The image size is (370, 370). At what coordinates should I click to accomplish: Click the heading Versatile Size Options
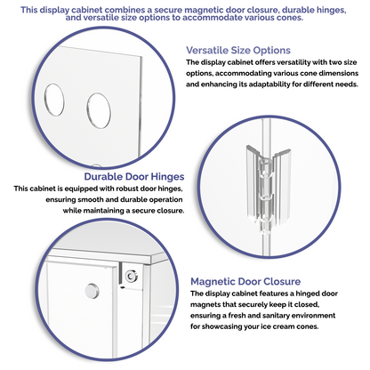tap(238, 51)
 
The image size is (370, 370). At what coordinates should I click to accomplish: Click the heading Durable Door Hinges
tap(134, 177)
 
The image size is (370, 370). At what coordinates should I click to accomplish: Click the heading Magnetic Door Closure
tap(245, 281)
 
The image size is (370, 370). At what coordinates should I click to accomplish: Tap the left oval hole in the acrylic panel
tap(54, 100)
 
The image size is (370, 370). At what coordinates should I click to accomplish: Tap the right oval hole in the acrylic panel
tap(99, 110)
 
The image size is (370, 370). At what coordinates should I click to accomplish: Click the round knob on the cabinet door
tap(92, 291)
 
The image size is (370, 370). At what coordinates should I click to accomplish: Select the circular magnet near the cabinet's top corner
tap(131, 277)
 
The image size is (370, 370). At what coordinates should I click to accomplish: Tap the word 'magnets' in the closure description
tap(203, 304)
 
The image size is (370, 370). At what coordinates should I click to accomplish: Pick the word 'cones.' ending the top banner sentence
tap(290, 18)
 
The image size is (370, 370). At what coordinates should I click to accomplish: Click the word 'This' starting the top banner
tap(29, 10)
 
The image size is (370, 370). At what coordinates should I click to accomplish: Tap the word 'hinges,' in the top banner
tap(331, 11)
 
